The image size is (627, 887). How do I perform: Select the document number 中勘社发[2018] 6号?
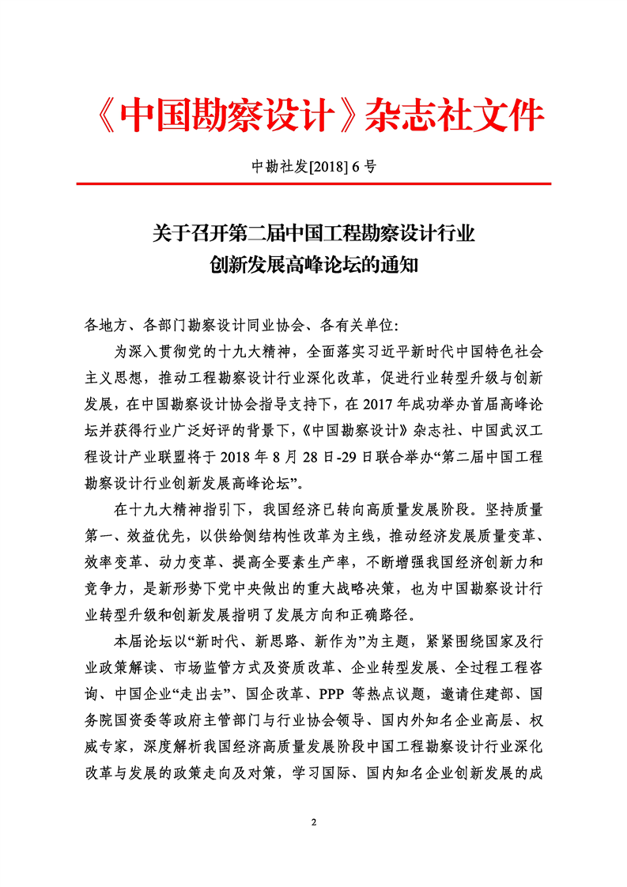(313, 166)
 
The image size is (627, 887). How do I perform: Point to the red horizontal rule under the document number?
(313, 184)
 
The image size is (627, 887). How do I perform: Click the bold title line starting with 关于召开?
(313, 233)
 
